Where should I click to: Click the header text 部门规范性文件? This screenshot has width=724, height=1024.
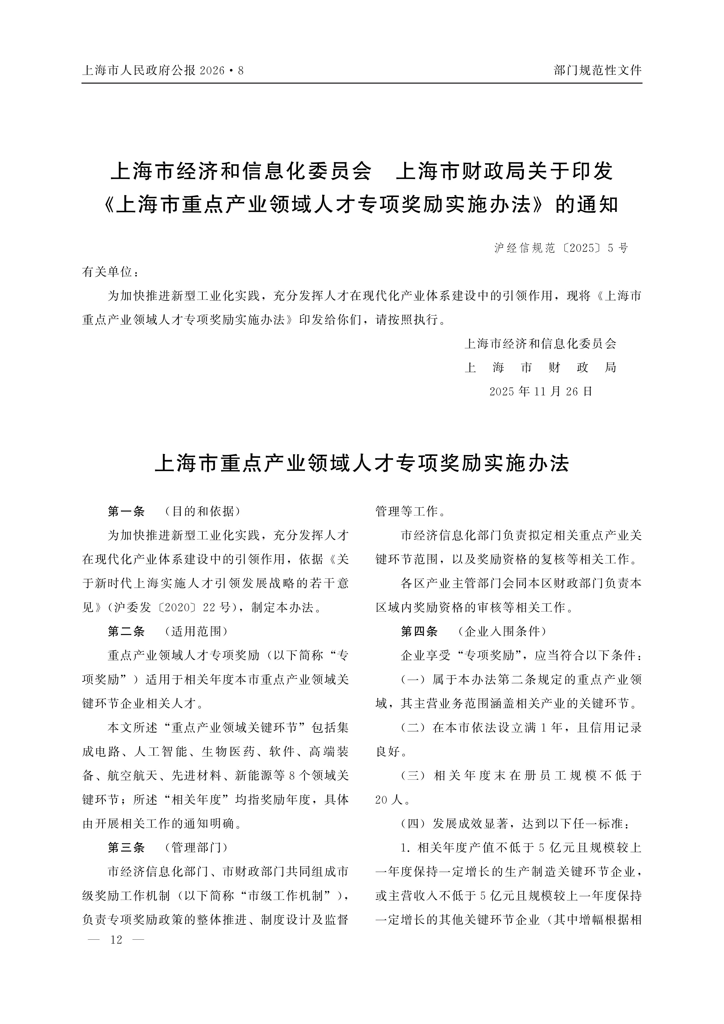tap(597, 70)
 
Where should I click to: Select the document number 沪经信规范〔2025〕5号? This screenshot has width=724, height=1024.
tap(561, 248)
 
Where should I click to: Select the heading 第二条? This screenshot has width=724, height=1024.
tap(126, 631)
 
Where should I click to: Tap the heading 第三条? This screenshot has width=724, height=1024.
tap(126, 847)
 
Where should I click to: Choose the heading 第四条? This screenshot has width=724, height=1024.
tap(419, 631)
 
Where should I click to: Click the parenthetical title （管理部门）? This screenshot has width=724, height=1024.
tap(196, 847)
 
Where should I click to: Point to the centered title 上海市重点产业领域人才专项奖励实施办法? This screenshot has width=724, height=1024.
tap(362, 464)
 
